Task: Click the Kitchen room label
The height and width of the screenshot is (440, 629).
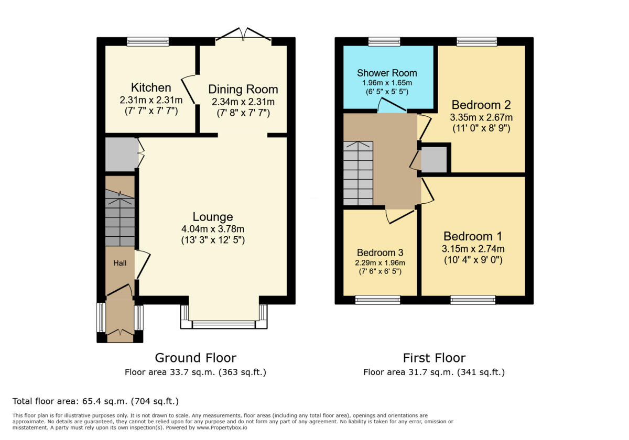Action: [151, 87]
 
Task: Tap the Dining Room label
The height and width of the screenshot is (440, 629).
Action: [243, 89]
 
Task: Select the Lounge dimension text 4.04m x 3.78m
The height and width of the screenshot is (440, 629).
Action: [212, 229]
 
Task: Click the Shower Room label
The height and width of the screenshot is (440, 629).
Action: [387, 73]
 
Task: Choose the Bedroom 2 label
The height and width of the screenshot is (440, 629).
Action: [481, 104]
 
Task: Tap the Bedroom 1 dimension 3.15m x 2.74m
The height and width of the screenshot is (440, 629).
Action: [473, 249]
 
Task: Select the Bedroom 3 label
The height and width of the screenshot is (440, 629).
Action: [381, 252]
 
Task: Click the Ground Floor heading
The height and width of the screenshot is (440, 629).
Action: [196, 358]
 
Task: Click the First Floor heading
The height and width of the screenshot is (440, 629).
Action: [434, 358]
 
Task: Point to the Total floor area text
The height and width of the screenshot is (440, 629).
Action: [96, 401]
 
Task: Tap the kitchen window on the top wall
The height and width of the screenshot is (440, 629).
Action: [148, 41]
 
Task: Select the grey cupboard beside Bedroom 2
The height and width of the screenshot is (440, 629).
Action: [434, 160]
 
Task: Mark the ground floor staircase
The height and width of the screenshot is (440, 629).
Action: [120, 218]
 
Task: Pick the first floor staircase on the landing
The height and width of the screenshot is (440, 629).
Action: [358, 173]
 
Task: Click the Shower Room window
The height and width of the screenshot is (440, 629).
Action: [384, 41]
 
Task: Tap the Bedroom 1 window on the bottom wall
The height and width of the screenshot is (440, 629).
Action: [473, 300]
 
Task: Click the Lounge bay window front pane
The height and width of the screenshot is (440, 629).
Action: [224, 325]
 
